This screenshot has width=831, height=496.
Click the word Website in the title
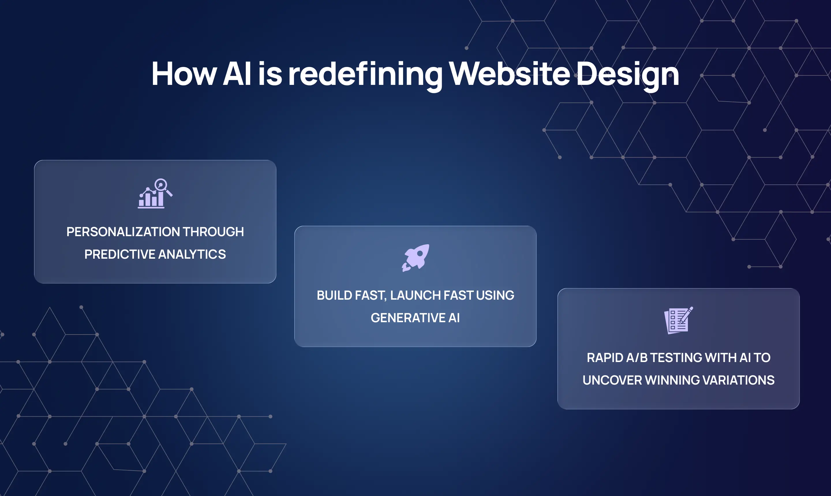(509, 74)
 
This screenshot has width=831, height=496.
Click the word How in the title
(184, 74)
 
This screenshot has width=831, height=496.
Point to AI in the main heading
(237, 74)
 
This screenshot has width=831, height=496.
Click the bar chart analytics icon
(155, 193)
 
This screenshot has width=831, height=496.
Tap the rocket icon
(415, 258)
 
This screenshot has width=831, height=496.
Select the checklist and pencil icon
(678, 320)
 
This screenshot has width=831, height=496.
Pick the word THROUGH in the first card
(213, 232)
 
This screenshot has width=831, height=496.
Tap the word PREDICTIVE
(119, 254)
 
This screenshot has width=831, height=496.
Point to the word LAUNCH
(415, 295)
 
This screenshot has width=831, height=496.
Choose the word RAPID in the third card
(605, 358)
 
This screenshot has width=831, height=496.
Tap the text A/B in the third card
(637, 358)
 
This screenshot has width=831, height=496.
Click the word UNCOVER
(612, 380)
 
